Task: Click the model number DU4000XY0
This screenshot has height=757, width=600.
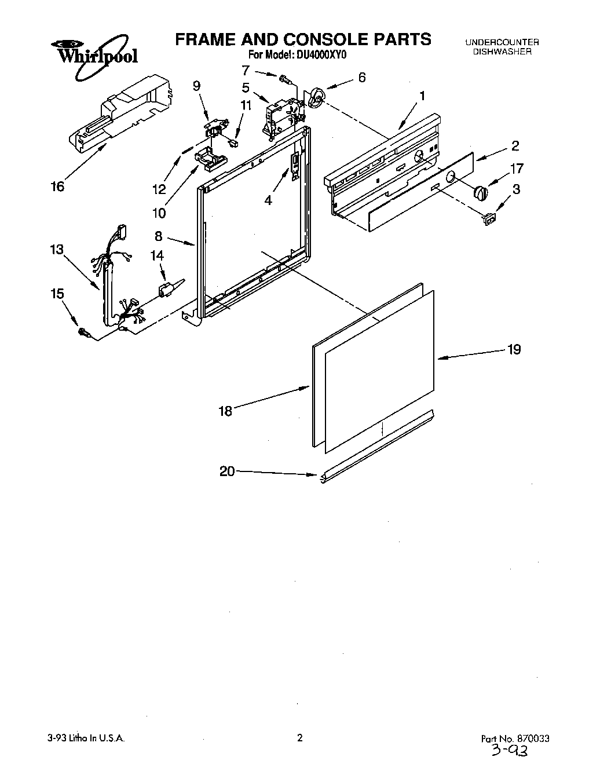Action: pyautogui.click(x=321, y=56)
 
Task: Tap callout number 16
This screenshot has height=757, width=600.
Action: pyautogui.click(x=57, y=186)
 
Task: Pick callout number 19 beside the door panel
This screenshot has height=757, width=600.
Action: pyautogui.click(x=514, y=349)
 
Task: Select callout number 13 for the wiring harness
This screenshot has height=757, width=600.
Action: pyautogui.click(x=57, y=250)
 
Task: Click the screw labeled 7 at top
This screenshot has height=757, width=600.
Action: pyautogui.click(x=284, y=78)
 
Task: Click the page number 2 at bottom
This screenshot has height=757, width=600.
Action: pyautogui.click(x=299, y=738)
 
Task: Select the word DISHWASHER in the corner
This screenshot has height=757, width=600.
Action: pyautogui.click(x=502, y=52)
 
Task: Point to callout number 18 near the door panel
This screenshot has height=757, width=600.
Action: pyautogui.click(x=225, y=411)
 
